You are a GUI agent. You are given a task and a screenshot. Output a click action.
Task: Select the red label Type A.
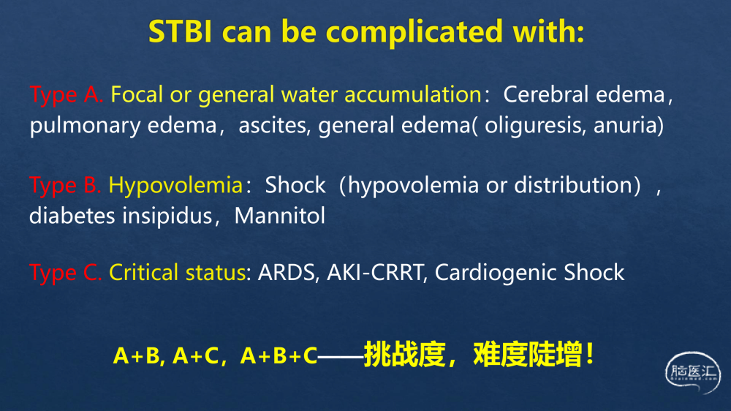[67, 94]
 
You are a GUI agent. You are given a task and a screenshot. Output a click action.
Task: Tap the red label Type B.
[65, 186]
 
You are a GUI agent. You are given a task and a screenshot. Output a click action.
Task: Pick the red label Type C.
[65, 273]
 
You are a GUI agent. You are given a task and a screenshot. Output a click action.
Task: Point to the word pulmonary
[86, 126]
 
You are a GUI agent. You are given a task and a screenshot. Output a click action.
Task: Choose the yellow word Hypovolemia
[175, 186]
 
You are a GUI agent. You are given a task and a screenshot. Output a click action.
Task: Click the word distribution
[577, 185]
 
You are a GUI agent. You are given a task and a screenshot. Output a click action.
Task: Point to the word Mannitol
[280, 216]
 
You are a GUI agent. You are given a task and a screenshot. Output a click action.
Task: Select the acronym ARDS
[287, 273]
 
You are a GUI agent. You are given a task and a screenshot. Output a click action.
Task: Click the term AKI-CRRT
[376, 273]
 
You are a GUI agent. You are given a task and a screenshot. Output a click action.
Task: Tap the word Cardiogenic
[496, 273]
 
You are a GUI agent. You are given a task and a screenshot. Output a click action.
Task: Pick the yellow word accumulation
[412, 94]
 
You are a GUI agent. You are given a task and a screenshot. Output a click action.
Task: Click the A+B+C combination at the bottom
[279, 355]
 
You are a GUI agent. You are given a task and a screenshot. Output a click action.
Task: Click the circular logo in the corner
[693, 373]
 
